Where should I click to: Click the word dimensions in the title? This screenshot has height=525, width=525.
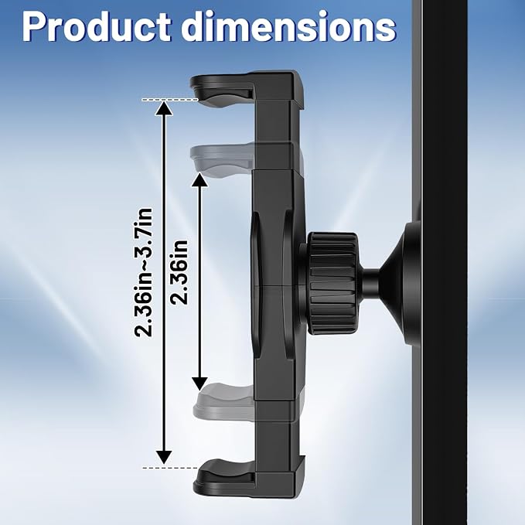(x=288, y=27)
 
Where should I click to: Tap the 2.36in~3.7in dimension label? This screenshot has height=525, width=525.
(x=143, y=272)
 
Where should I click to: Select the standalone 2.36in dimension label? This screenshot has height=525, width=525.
(x=179, y=272)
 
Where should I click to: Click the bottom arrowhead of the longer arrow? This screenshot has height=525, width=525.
(x=164, y=457)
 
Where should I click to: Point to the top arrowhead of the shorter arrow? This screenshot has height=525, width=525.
(x=199, y=180)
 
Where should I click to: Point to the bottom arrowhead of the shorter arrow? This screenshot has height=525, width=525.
(x=199, y=384)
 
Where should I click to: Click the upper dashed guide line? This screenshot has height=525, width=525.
(x=170, y=100)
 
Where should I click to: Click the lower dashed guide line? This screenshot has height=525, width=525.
(x=170, y=468)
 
